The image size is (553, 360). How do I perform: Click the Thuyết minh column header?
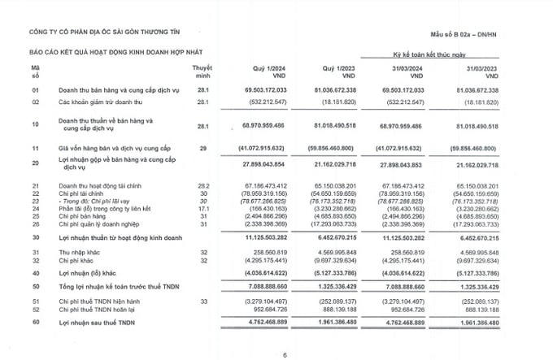pyautogui.click(x=202, y=70)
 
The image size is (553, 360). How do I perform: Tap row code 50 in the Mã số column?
pyautogui.click(x=35, y=288)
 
